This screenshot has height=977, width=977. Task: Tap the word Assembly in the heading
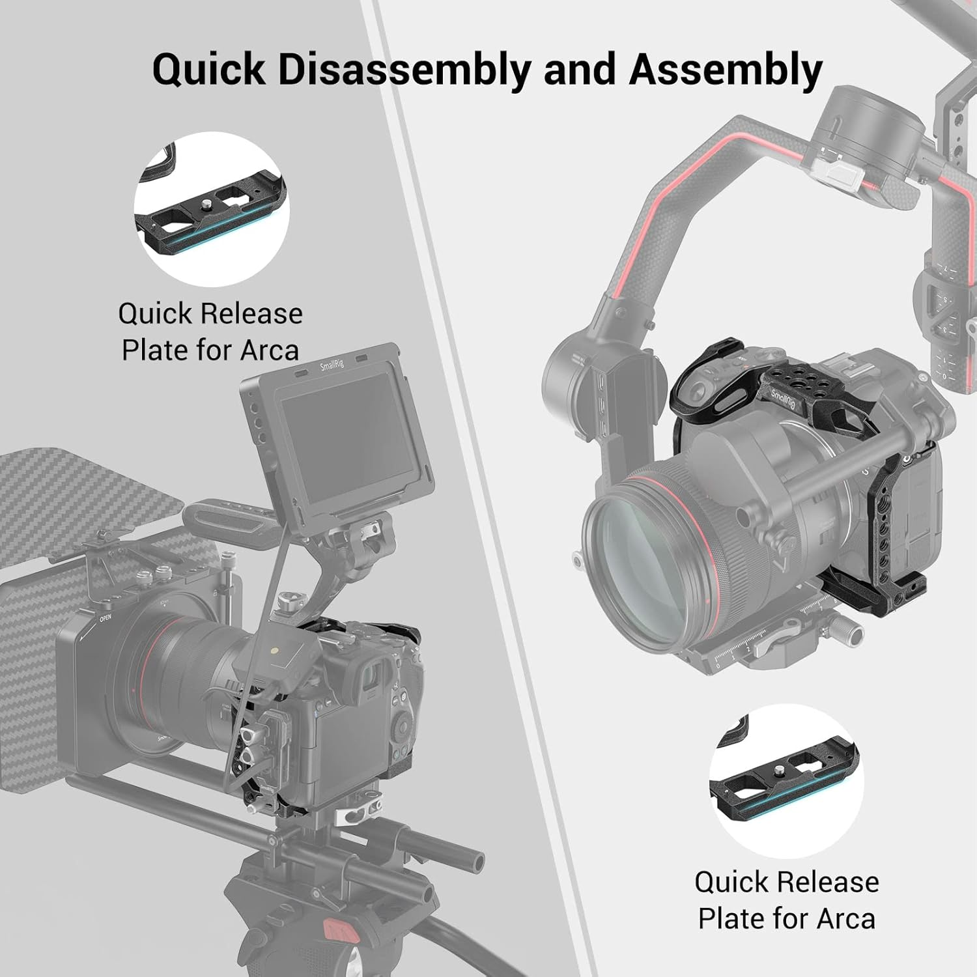(x=725, y=70)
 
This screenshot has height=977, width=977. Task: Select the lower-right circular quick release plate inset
(x=786, y=781)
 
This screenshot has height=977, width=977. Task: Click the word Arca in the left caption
(x=269, y=350)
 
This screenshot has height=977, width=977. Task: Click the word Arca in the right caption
(x=845, y=919)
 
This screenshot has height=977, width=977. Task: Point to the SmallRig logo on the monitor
(x=331, y=365)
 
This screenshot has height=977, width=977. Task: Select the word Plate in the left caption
(x=156, y=350)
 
